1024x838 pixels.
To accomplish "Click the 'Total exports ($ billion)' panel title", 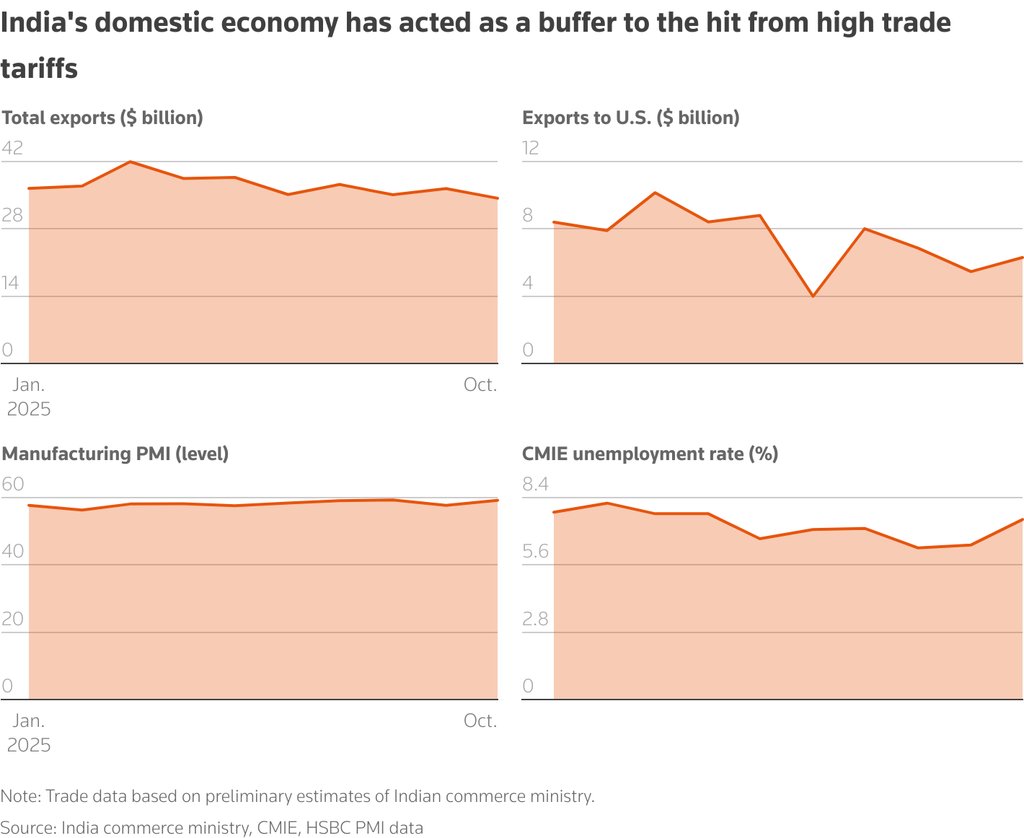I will [102, 118].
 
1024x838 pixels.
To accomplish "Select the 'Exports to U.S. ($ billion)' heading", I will [630, 118].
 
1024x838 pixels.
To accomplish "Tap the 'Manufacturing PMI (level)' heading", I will [115, 454].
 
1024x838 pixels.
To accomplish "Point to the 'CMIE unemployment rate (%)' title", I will [650, 454].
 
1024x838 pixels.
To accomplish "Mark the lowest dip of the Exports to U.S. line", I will [813, 296].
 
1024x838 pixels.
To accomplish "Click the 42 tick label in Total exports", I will [12, 148].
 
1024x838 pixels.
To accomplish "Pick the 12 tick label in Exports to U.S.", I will [531, 148].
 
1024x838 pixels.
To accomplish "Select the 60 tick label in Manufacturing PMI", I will [12, 484].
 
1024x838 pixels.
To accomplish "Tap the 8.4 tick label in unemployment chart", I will [535, 484].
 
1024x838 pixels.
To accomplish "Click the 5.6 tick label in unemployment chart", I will [535, 552].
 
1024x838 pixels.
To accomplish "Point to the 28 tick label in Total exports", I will [12, 216].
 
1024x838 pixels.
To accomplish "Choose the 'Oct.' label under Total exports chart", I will [480, 385].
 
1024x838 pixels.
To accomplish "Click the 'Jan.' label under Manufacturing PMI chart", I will [29, 721].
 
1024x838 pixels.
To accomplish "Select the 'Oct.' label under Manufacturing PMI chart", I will [480, 721].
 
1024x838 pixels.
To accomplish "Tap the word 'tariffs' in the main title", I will [39, 69].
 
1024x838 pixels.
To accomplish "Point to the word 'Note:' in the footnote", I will [21, 796].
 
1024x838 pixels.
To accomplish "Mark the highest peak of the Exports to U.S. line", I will [655, 193].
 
